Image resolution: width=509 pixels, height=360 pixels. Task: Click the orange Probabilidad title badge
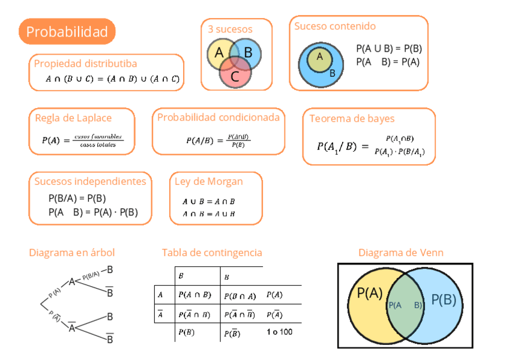pos(67,32)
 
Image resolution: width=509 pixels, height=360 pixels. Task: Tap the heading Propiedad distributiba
pos(85,64)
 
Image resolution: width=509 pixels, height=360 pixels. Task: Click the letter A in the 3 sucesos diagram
pos(219,53)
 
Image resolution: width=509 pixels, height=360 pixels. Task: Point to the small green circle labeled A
pos(319,57)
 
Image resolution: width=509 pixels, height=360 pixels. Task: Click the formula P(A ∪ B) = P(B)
pos(388,49)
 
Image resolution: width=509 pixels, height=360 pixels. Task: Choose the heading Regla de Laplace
pos(73,118)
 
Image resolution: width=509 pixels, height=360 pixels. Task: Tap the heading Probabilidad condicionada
pos(218,118)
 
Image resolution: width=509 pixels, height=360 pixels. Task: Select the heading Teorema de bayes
pos(352,119)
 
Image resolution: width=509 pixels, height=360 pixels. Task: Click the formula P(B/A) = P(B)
pos(77,199)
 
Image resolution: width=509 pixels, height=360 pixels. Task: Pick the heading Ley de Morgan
pos(209,182)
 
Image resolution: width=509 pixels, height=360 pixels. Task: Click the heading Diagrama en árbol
pos(72,253)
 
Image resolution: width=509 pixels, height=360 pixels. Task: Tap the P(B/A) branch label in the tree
pos(91,275)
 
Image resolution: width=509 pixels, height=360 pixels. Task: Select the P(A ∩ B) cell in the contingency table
pos(194,295)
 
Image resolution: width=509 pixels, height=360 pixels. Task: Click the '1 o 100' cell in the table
pos(279,332)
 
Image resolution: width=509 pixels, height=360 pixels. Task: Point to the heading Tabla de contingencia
pos(212,253)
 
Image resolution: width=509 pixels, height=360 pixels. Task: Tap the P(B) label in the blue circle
pos(444,300)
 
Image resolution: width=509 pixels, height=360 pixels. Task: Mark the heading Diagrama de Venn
pos(401,253)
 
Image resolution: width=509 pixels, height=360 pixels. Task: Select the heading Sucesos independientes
pos(90,181)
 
